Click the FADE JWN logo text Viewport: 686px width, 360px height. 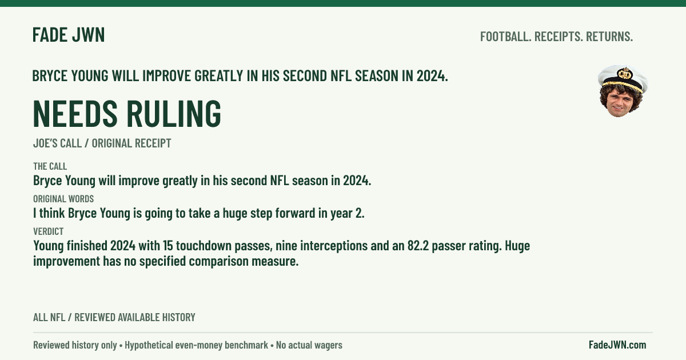pyautogui.click(x=69, y=35)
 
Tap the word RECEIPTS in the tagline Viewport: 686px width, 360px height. pyautogui.click(x=559, y=37)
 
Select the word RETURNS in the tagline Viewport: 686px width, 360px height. pyautogui.click(x=609, y=37)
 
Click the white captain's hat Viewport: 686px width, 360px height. pyautogui.click(x=623, y=78)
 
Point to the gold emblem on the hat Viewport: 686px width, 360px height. pyautogui.click(x=625, y=74)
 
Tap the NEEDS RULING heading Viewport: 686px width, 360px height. pyautogui.click(x=127, y=113)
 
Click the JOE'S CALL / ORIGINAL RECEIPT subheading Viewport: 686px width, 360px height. pyautogui.click(x=102, y=143)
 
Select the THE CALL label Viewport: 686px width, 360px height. pyautogui.click(x=50, y=166)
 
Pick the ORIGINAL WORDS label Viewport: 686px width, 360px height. pyautogui.click(x=63, y=199)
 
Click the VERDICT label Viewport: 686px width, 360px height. pyautogui.click(x=49, y=231)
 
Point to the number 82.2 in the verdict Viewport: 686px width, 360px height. pyautogui.click(x=418, y=246)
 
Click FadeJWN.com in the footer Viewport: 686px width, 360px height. pyautogui.click(x=617, y=345)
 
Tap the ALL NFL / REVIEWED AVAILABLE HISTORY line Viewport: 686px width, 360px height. pyautogui.click(x=114, y=318)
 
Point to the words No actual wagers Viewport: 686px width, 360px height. pyautogui.click(x=309, y=345)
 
